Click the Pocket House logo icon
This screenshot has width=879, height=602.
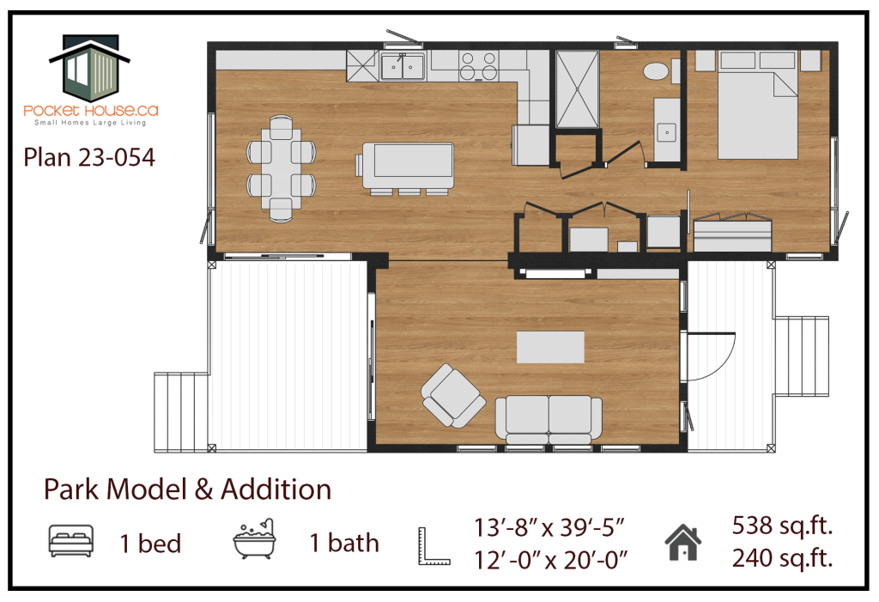pos(89,69)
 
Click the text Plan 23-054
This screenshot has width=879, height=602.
pos(89,158)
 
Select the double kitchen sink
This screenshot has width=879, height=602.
pos(403,66)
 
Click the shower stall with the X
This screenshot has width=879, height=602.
pos(577,90)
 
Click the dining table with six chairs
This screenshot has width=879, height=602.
pos(281,168)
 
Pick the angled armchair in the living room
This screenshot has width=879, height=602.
pos(453,395)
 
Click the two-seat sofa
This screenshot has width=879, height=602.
pos(549,420)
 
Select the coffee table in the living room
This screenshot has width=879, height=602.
pos(550,347)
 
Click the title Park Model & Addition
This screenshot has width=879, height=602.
pos(188,490)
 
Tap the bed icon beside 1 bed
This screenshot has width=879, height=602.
pos(71,541)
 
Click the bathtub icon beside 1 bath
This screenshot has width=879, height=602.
pos(255,538)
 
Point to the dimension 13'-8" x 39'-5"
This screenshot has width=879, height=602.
pos(549,527)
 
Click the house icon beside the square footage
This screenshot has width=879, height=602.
pos(683,543)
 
